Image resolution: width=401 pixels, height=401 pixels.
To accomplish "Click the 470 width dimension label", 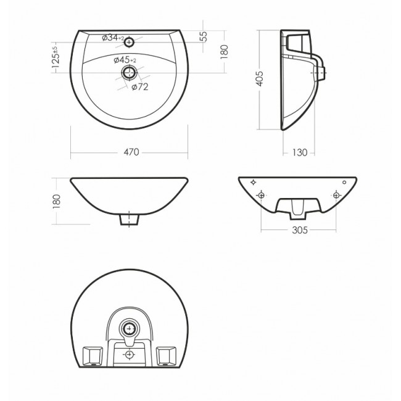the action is point(131,152).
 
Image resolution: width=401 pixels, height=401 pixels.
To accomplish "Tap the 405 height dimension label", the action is point(259,78).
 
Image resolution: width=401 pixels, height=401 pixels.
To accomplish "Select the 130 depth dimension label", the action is point(299,152).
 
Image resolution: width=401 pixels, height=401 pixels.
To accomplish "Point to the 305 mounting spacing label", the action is point(299,230).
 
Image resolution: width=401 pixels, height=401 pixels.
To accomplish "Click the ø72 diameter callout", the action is point(140,87).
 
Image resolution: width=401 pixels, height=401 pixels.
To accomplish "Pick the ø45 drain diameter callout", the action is point(125,60).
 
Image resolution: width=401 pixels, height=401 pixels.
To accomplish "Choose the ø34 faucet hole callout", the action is point(113,38).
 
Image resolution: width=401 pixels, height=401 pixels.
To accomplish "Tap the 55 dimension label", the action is point(204,36).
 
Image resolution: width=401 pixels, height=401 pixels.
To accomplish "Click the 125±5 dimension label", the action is point(56,57).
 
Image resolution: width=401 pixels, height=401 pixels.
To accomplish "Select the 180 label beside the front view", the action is point(57,201).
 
